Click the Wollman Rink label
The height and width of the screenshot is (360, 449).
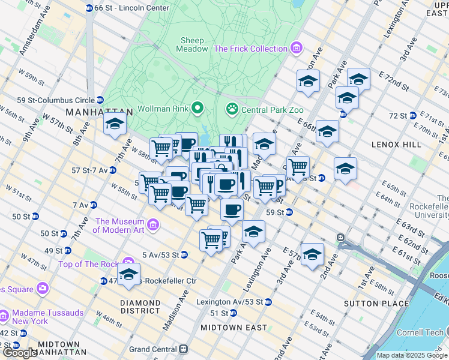[x=163, y=109]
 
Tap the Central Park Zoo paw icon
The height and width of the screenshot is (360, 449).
[x=231, y=109]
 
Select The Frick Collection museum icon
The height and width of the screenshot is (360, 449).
[x=295, y=48]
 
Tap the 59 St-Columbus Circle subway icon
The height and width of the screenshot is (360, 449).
[x=100, y=100]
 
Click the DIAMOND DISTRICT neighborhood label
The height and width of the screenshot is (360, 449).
[x=140, y=307]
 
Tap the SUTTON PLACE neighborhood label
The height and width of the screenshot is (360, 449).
[x=367, y=304]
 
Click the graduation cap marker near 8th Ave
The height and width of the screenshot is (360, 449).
[x=113, y=124]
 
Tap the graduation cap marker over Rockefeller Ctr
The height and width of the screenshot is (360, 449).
[x=128, y=274]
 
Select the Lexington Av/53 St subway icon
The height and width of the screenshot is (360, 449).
[x=268, y=302]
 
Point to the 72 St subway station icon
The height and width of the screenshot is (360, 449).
[x=413, y=115]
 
